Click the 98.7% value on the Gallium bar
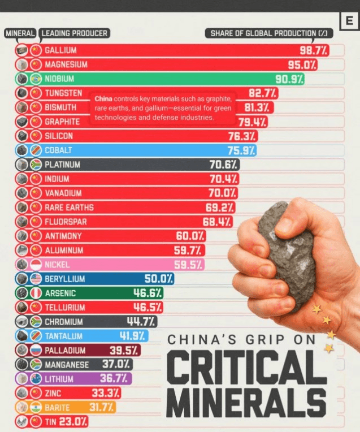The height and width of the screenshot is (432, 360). click(x=314, y=51)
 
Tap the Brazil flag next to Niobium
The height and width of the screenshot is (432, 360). click(x=36, y=79)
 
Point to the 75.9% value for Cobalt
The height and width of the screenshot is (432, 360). click(x=241, y=150)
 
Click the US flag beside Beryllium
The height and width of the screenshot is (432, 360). click(x=36, y=279)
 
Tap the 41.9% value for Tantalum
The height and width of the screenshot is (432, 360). click(x=132, y=336)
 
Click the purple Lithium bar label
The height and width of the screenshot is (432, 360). click(x=59, y=379)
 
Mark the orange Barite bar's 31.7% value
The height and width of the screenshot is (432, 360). click(x=102, y=407)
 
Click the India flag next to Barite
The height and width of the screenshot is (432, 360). click(x=36, y=407)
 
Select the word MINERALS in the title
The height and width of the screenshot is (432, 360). click(x=246, y=402)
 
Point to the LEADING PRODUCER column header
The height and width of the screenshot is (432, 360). click(x=74, y=33)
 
